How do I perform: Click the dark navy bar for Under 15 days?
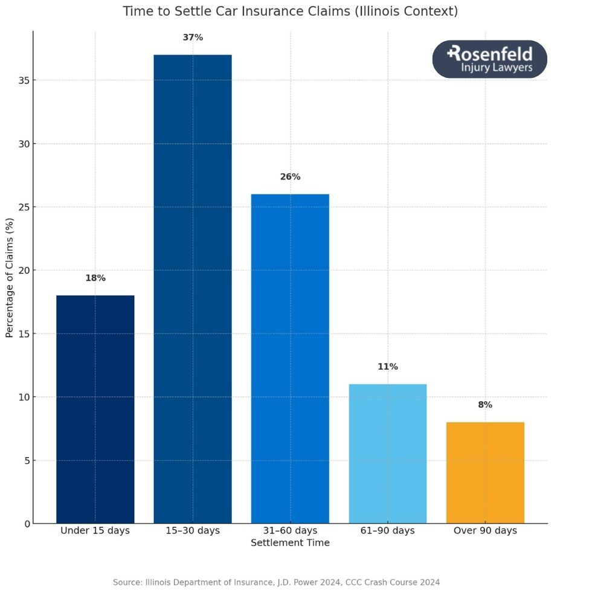(x=95, y=409)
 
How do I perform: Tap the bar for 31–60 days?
(x=290, y=358)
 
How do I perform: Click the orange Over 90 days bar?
(x=485, y=472)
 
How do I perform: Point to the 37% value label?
(x=193, y=37)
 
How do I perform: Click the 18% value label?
(x=95, y=278)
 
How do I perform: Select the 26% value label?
(x=290, y=177)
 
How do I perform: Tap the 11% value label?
(x=388, y=367)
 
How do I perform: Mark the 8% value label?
(x=485, y=405)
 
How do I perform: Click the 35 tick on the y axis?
(x=24, y=80)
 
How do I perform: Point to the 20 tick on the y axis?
(x=24, y=271)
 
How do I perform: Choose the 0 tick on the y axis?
(x=27, y=524)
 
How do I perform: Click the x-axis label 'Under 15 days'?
(x=95, y=530)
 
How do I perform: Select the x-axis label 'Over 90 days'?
(x=485, y=530)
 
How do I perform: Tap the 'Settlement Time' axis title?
(x=290, y=542)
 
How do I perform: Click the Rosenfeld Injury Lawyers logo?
(x=489, y=59)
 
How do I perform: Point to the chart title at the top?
(x=290, y=11)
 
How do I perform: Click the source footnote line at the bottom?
(x=277, y=582)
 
